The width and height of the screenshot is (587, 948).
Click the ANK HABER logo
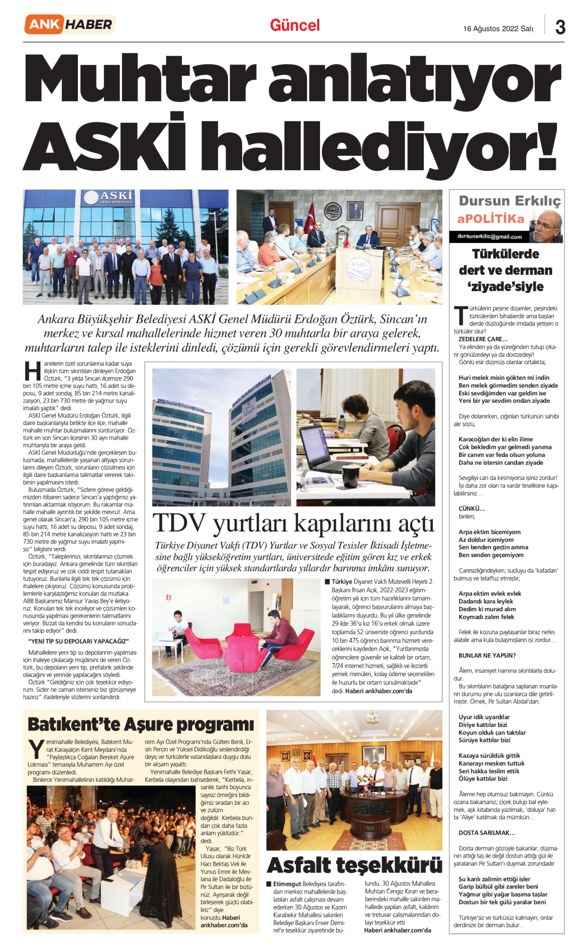click(69, 24)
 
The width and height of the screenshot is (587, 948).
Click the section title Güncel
click(294, 25)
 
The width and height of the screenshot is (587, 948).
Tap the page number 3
click(560, 27)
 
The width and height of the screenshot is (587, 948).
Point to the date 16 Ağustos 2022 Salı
click(498, 29)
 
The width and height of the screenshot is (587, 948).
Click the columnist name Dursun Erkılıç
click(510, 201)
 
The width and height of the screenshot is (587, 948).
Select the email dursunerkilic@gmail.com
click(489, 237)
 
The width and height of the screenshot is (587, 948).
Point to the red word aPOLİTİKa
click(491, 219)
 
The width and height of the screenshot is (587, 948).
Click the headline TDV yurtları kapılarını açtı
click(293, 523)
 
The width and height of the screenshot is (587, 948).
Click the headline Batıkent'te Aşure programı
click(141, 724)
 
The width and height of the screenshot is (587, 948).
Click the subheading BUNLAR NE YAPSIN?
click(487, 656)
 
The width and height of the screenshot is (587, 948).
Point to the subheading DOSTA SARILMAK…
click(487, 833)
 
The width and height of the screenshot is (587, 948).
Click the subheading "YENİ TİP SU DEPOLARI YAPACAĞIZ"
click(78, 641)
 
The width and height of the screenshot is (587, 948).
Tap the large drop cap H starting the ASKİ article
click(32, 371)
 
